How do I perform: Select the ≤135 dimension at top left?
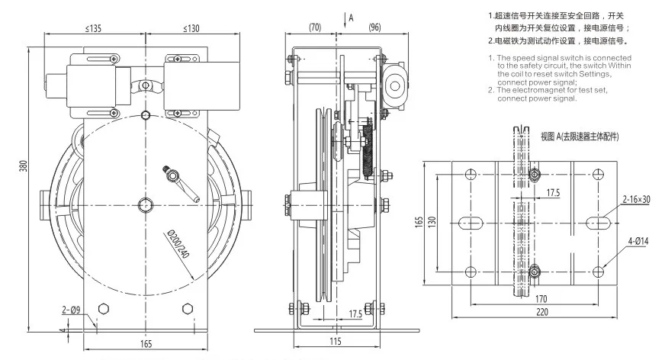pyautogui.click(x=95, y=28)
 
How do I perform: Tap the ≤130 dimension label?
pyautogui.click(x=191, y=28)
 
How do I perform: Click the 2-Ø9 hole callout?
pyautogui.click(x=71, y=310)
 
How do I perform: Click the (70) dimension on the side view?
pyautogui.click(x=314, y=28)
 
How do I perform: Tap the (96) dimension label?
pyautogui.click(x=374, y=28)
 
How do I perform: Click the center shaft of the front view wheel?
pyautogui.click(x=145, y=204)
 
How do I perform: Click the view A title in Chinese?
pyautogui.click(x=579, y=137)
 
